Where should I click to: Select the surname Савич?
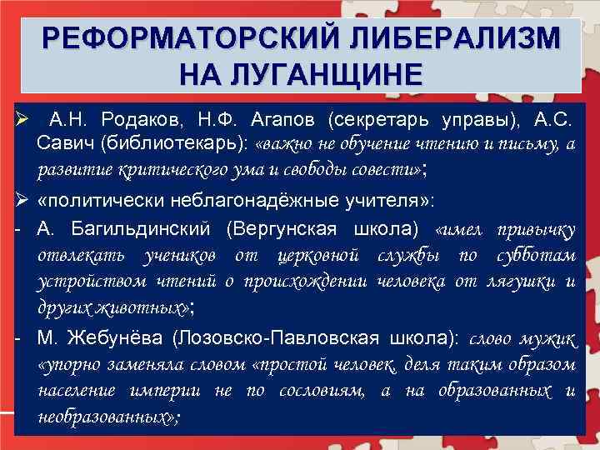click(66, 143)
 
